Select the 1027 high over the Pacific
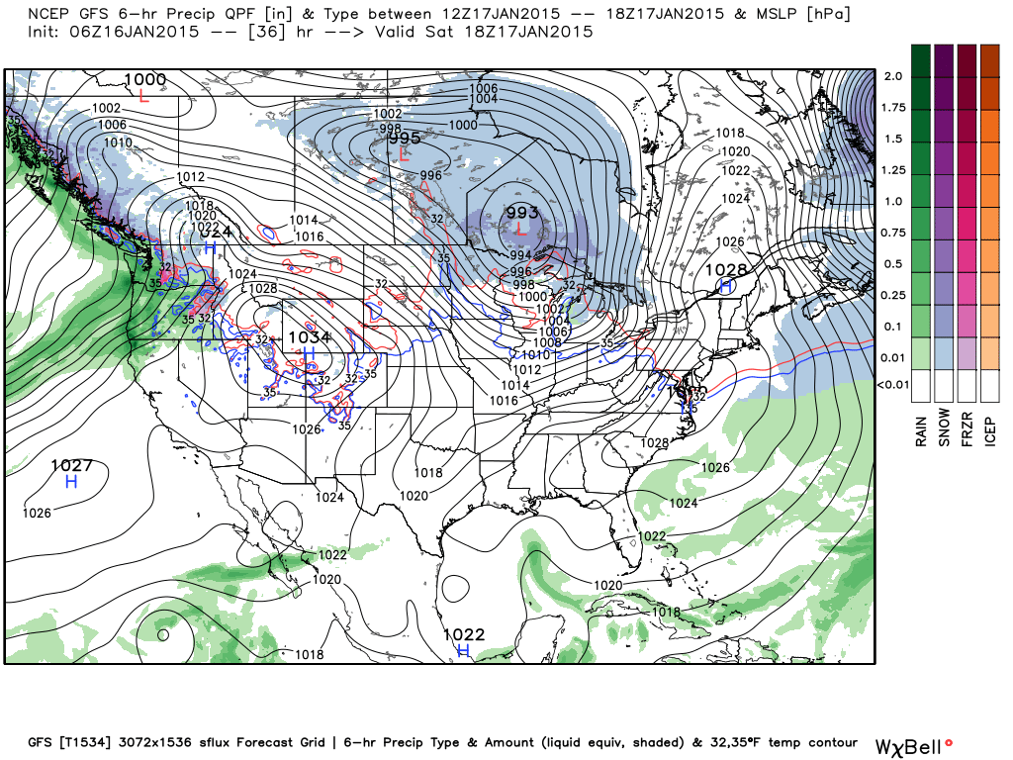tap(71, 465)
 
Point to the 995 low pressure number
tap(405, 139)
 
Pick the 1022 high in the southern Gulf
tap(463, 634)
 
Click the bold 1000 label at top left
tap(145, 79)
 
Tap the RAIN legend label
tap(922, 427)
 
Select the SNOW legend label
tap(945, 427)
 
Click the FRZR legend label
tap(967, 427)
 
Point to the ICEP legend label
tap(990, 427)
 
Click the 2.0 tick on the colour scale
tap(892, 76)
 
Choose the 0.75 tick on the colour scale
tap(893, 233)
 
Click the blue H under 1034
tap(308, 353)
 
